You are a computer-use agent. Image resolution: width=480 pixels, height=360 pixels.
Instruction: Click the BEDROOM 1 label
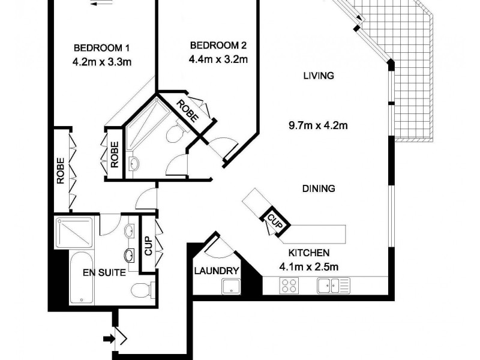(x=101, y=47)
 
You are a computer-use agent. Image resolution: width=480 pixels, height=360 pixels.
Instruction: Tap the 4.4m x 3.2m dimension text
(x=218, y=59)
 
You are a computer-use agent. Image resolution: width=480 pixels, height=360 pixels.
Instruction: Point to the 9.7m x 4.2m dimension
(x=319, y=125)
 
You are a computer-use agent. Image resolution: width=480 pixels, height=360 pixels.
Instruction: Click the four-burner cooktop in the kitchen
(x=290, y=286)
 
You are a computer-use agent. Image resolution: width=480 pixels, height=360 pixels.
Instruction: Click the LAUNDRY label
(x=217, y=271)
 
